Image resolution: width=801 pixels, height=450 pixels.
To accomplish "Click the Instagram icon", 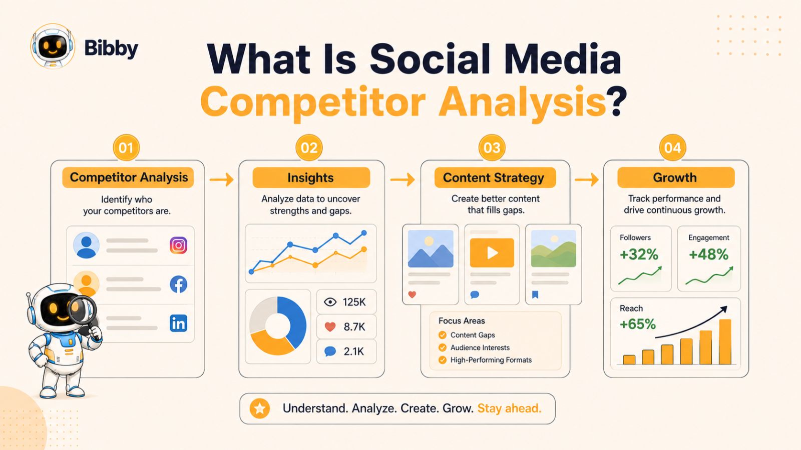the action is click(178, 245).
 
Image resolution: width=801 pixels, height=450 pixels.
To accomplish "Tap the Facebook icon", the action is click(178, 284).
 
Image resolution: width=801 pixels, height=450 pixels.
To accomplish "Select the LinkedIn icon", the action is click(178, 323).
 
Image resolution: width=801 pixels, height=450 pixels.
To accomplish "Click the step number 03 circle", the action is click(492, 147).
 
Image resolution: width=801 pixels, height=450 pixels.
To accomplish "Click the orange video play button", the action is click(492, 253).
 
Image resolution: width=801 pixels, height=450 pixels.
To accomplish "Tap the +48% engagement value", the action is click(708, 254).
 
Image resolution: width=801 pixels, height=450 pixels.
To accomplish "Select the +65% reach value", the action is click(638, 324).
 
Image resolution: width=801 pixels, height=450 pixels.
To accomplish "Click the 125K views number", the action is click(354, 302).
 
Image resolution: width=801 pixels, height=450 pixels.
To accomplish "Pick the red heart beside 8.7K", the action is click(330, 327).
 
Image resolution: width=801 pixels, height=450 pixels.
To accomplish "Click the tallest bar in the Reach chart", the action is click(725, 342).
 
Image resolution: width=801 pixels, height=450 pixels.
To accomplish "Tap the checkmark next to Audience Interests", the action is click(443, 347).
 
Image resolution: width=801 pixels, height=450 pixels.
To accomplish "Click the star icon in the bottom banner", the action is click(260, 408).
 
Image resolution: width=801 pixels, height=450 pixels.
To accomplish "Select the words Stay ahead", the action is click(509, 408).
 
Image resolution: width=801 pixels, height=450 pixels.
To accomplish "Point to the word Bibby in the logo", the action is click(111, 48).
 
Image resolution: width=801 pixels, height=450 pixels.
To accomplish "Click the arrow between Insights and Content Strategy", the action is click(403, 179).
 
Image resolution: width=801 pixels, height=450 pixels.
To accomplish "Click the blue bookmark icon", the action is click(535, 294).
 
